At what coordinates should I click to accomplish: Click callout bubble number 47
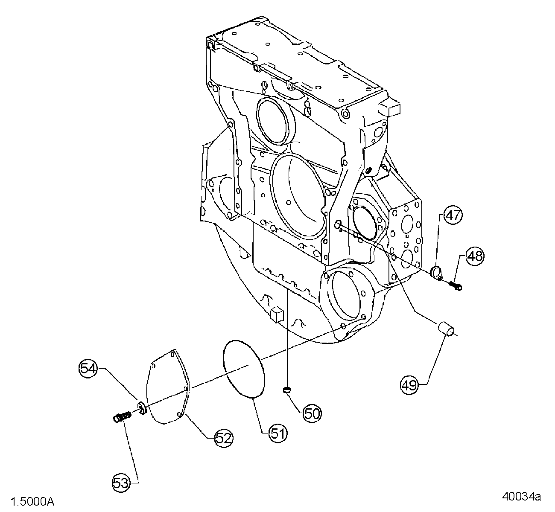453,215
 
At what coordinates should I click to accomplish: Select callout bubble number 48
475,256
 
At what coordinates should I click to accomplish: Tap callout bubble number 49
409,385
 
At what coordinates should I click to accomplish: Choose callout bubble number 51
278,433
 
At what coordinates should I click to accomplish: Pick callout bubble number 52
223,438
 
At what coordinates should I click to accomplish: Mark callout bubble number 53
122,483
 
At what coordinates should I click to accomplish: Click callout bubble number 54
88,368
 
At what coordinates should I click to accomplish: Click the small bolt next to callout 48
455,285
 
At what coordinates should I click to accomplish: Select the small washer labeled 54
142,407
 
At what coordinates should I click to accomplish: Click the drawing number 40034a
521,497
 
